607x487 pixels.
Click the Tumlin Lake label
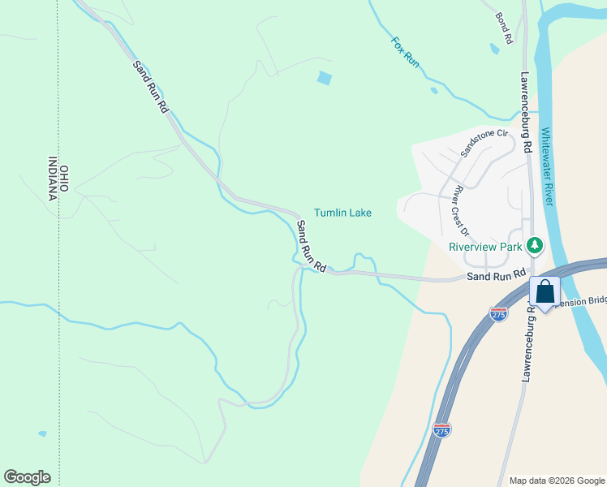pyautogui.click(x=343, y=213)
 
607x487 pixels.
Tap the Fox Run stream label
pyautogui.click(x=405, y=52)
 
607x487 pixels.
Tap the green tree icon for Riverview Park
pyautogui.click(x=534, y=244)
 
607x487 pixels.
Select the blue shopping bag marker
pyautogui.click(x=545, y=292)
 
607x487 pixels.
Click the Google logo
pyautogui.click(x=27, y=477)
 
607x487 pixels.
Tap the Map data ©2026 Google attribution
pyautogui.click(x=556, y=481)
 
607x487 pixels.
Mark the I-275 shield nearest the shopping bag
pyautogui.click(x=498, y=313)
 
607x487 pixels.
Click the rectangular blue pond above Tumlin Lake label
pyautogui.click(x=325, y=78)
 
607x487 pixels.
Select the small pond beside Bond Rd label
pyautogui.click(x=494, y=49)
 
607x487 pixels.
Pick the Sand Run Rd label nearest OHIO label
pyautogui.click(x=152, y=85)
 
